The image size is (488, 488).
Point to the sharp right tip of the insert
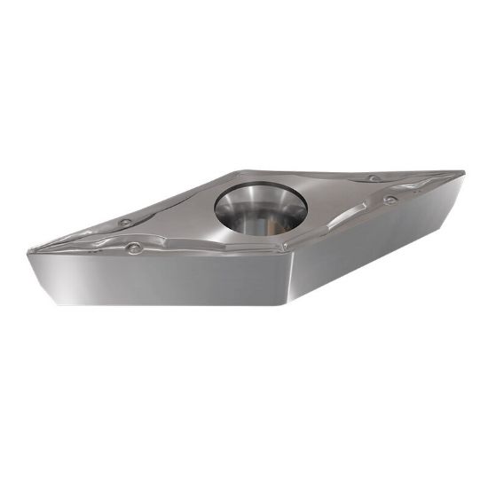click(x=463, y=170)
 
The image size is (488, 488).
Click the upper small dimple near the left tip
click(x=125, y=222)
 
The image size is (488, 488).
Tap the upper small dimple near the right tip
click(x=374, y=178)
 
